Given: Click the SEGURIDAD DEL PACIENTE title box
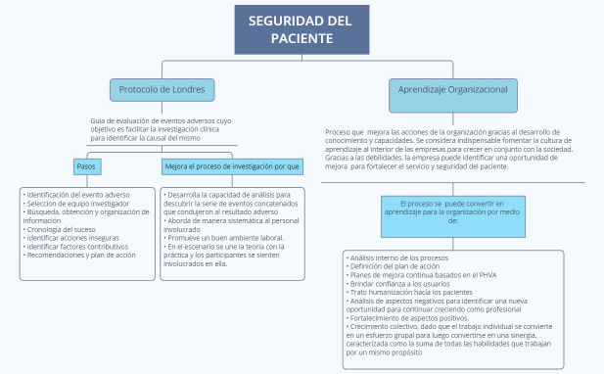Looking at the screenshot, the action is pos(302,29).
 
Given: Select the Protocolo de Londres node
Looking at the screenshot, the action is pos(162,89).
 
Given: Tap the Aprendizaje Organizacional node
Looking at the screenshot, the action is pos(452,89).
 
